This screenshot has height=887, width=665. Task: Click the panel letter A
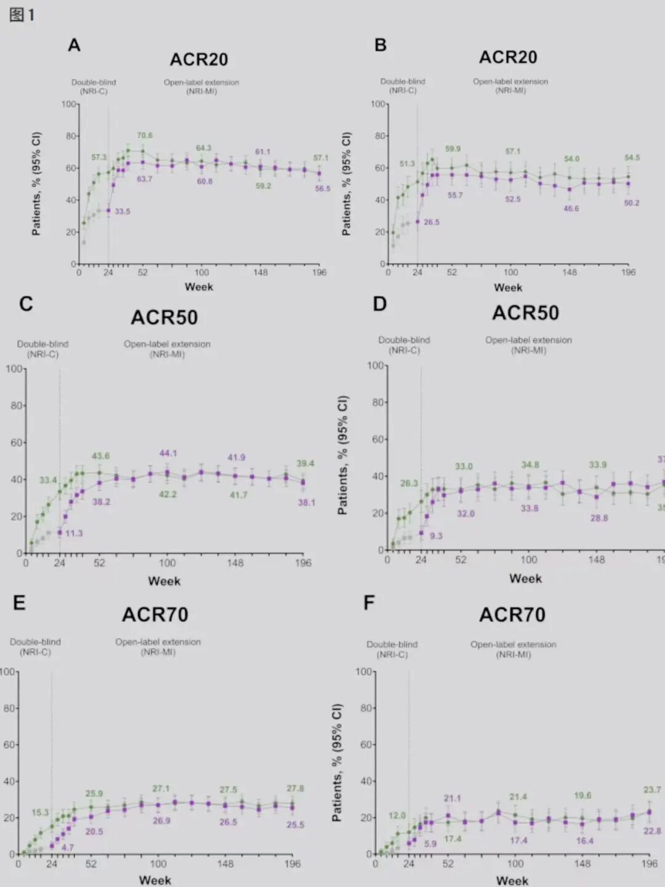click(x=74, y=46)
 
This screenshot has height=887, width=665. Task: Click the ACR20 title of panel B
click(x=508, y=57)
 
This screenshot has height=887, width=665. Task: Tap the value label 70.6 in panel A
click(x=145, y=136)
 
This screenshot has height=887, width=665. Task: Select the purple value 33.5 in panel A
click(x=123, y=211)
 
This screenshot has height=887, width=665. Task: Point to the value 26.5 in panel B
click(x=432, y=222)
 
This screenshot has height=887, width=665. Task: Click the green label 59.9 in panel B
click(x=453, y=148)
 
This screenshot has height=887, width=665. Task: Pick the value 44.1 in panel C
click(x=168, y=453)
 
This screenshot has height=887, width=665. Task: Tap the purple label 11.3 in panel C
click(x=74, y=533)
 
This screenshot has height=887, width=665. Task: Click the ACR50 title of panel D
click(x=525, y=313)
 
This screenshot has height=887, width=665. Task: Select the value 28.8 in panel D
click(x=599, y=518)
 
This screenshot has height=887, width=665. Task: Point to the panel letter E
click(x=20, y=602)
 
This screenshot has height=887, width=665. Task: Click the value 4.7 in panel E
click(x=68, y=848)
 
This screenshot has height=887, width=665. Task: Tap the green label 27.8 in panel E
click(x=295, y=788)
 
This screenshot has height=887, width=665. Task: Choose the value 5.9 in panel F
click(x=430, y=844)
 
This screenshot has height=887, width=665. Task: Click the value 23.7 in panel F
click(x=652, y=790)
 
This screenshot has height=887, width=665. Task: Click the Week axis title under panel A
click(x=199, y=287)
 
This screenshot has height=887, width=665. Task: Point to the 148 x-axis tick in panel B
click(x=570, y=272)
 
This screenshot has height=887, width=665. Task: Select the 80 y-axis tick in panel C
click(x=16, y=405)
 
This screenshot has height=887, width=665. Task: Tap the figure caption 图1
click(x=22, y=15)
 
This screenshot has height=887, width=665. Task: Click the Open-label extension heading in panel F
click(x=513, y=644)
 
